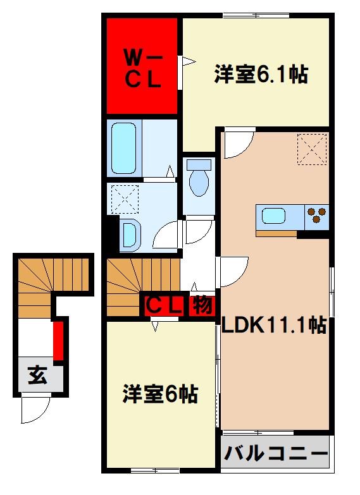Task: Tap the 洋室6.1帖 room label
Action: pyautogui.click(x=261, y=75)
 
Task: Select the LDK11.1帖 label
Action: pyautogui.click(x=273, y=326)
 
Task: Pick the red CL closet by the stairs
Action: pyautogui.click(x=164, y=306)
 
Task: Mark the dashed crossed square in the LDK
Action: pyautogui.click(x=312, y=149)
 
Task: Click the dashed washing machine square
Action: pyautogui.click(x=124, y=199)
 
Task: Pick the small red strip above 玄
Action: pyautogui.click(x=58, y=340)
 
